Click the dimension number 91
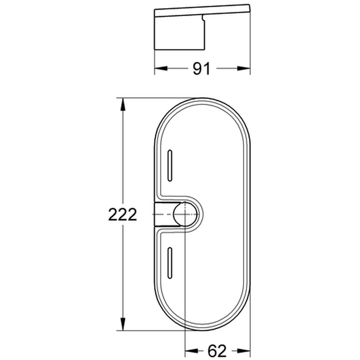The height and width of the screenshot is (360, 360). coord(201,69)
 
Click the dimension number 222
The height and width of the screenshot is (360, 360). coord(122,214)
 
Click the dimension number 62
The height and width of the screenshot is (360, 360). coord(217,351)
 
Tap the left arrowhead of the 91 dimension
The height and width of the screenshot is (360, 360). coord(161,69)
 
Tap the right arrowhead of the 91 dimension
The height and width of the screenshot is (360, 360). coord(244,69)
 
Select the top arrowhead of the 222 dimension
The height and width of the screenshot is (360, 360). coord(123,105)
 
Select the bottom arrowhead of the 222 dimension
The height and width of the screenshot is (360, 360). coord(123,324)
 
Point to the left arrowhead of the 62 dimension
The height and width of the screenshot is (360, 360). coord(192,351)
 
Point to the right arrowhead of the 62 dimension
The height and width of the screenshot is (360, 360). coord(244,351)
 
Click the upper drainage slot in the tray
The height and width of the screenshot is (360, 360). coord(170,166)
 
